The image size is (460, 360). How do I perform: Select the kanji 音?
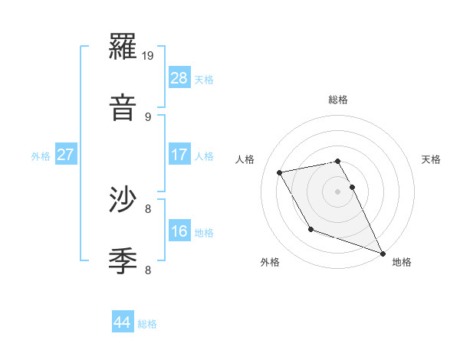coord(124,106)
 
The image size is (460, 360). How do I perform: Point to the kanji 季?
coord(124,260)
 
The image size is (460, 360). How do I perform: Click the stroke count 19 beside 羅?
coord(149,55)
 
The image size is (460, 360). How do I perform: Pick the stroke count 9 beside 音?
coord(148,116)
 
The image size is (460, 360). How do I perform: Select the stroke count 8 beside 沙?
coord(148,208)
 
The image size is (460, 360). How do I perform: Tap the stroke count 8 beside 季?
coord(148,270)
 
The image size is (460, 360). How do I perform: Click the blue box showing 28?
coord(179,78)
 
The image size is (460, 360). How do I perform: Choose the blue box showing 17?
coord(179,155)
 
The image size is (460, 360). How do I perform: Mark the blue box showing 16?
coord(179,231)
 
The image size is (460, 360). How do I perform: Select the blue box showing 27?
coord(66,155)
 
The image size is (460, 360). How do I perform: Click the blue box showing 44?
coord(123,323)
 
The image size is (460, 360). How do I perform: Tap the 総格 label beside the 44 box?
coord(147,324)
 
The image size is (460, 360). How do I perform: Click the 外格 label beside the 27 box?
coord(41,155)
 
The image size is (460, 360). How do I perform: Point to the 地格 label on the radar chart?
coord(402,263)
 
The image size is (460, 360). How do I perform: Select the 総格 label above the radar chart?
coord(337,100)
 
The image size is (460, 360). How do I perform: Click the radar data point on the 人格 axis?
coord(280,173)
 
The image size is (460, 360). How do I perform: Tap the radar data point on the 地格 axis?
coord(383,253)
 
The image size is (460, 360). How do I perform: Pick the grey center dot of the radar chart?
coord(337,191)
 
